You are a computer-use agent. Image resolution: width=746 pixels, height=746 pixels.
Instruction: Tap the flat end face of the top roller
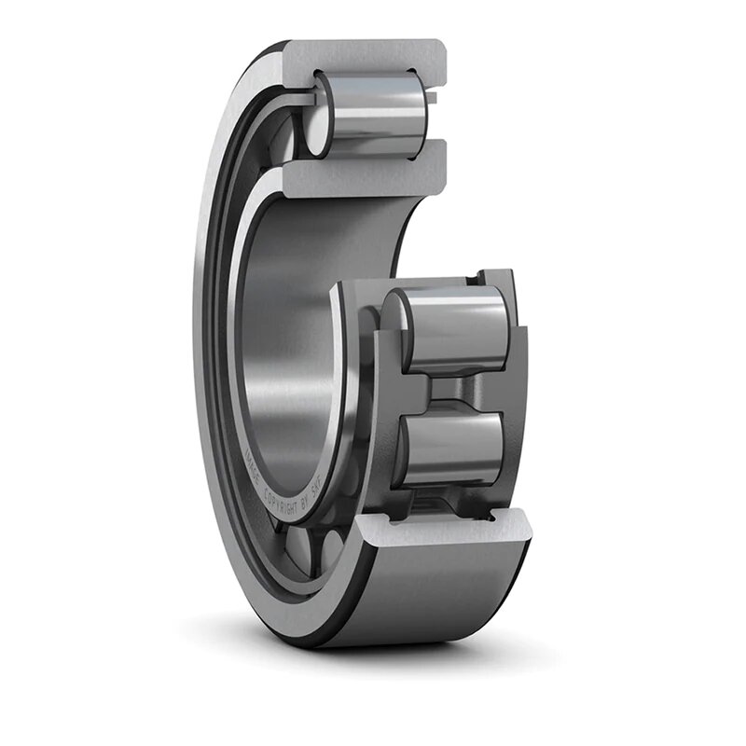320,115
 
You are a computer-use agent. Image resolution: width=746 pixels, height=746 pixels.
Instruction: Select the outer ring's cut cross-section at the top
373,56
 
